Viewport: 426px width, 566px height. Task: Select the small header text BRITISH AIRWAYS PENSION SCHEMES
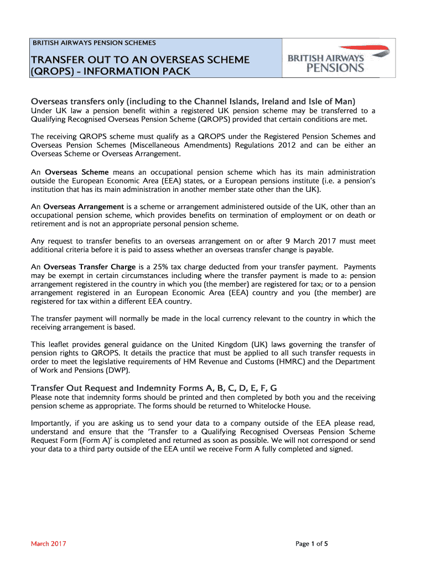(x=94, y=43)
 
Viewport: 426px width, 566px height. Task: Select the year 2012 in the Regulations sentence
(x=289, y=145)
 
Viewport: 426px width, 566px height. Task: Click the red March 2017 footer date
(x=48, y=544)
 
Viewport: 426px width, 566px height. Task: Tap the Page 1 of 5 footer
(x=312, y=544)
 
